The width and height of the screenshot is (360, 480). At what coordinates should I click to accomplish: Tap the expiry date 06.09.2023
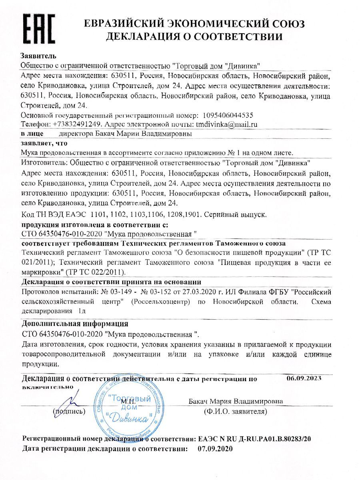tap(304, 378)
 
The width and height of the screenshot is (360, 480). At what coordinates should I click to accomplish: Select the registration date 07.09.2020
tap(215, 449)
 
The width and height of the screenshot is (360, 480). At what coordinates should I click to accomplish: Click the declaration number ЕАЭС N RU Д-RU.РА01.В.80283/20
tap(254, 439)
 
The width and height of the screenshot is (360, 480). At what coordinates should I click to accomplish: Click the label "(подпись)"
tap(68, 411)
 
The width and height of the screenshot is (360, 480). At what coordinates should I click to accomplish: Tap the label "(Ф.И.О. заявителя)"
tap(235, 411)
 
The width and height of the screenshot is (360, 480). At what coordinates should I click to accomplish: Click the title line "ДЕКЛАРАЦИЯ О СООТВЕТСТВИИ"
tap(194, 37)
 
